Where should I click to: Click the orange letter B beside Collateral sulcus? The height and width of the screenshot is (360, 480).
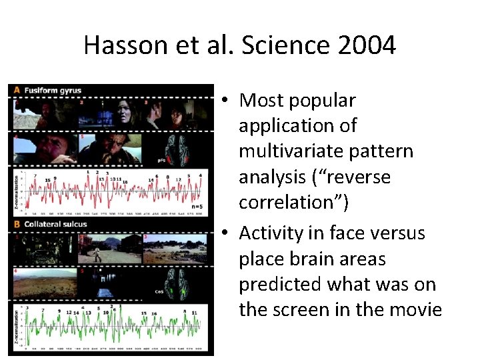(x=16, y=224)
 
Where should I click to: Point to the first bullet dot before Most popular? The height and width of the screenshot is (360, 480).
(x=226, y=101)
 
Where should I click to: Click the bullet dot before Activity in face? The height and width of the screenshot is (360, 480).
(x=226, y=233)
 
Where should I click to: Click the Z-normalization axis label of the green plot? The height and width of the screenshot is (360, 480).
(x=17, y=327)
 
